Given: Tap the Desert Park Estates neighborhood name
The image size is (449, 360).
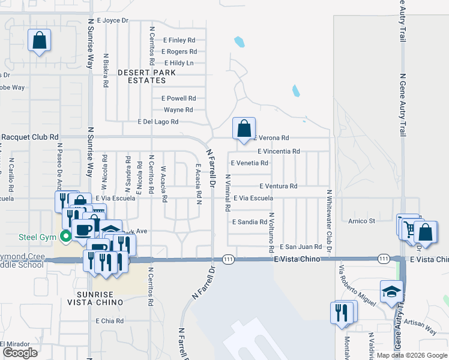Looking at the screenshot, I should [x=146, y=76].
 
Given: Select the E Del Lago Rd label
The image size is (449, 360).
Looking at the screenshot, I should [x=158, y=122].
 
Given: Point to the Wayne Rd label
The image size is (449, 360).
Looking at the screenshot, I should [x=178, y=110].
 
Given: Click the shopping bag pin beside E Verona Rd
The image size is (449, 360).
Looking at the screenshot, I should [x=244, y=128].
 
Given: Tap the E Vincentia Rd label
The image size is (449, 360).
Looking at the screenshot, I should [x=279, y=151].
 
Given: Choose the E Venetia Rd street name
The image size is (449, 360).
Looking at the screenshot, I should [x=249, y=163].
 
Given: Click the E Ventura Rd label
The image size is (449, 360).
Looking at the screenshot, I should [x=279, y=186].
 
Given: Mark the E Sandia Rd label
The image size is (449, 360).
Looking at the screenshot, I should [x=250, y=222].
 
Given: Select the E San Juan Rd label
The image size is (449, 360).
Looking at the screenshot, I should [x=303, y=247].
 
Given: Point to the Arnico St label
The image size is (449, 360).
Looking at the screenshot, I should [x=362, y=221].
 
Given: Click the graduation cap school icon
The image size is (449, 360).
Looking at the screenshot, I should [x=391, y=292].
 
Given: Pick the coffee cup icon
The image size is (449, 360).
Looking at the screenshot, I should [x=84, y=230].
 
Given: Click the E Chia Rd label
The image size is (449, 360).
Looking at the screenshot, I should [x=109, y=321].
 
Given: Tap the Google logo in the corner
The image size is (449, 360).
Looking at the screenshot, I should [x=20, y=353].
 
